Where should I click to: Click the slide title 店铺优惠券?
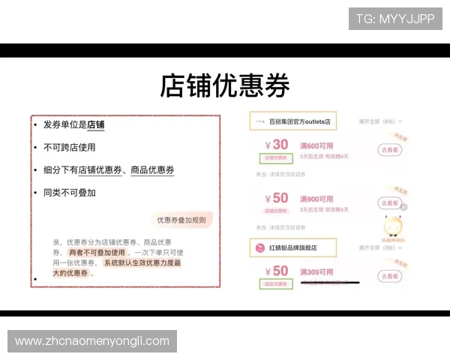pos(224,86)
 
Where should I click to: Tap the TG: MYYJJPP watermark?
pos(395,19)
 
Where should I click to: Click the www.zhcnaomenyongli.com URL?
pos(92,341)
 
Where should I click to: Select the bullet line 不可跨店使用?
pos(69,148)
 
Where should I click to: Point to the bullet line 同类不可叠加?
pos(69,193)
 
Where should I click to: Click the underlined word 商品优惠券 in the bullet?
pos(152,170)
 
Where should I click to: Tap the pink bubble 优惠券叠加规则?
pos(180,220)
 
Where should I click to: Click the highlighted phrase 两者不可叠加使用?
pos(97,253)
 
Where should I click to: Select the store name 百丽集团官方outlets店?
pos(293,121)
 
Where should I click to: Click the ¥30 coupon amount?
pos(276,145)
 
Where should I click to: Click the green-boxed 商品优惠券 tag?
pos(275,285)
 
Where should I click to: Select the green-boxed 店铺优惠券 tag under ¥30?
pos(275,158)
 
